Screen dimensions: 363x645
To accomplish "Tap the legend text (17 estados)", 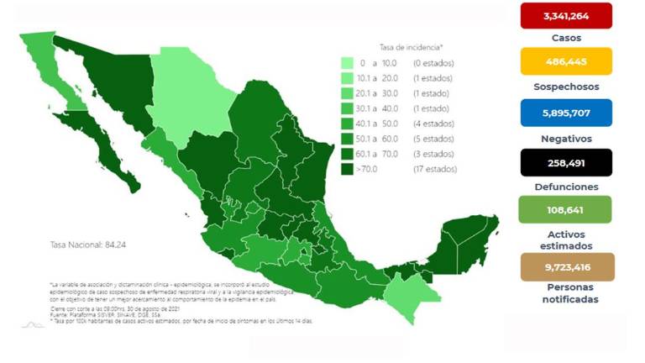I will coord(434,169).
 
